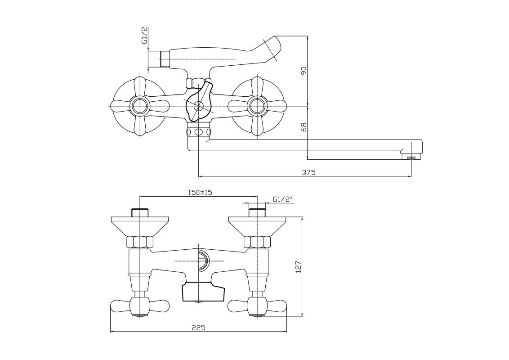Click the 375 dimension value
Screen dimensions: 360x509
(x=309, y=172)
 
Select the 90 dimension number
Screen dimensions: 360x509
(x=304, y=71)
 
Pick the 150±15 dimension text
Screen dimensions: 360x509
(x=199, y=192)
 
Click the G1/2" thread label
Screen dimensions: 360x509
(x=282, y=199)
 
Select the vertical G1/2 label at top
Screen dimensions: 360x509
(x=145, y=35)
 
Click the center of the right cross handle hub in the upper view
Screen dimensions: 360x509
(x=256, y=106)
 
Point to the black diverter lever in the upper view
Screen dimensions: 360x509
(x=199, y=102)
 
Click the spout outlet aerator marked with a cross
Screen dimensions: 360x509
(x=411, y=157)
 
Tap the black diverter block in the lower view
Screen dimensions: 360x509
(x=203, y=292)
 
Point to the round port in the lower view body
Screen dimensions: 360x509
(x=202, y=260)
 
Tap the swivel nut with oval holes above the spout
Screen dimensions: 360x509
(x=198, y=132)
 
